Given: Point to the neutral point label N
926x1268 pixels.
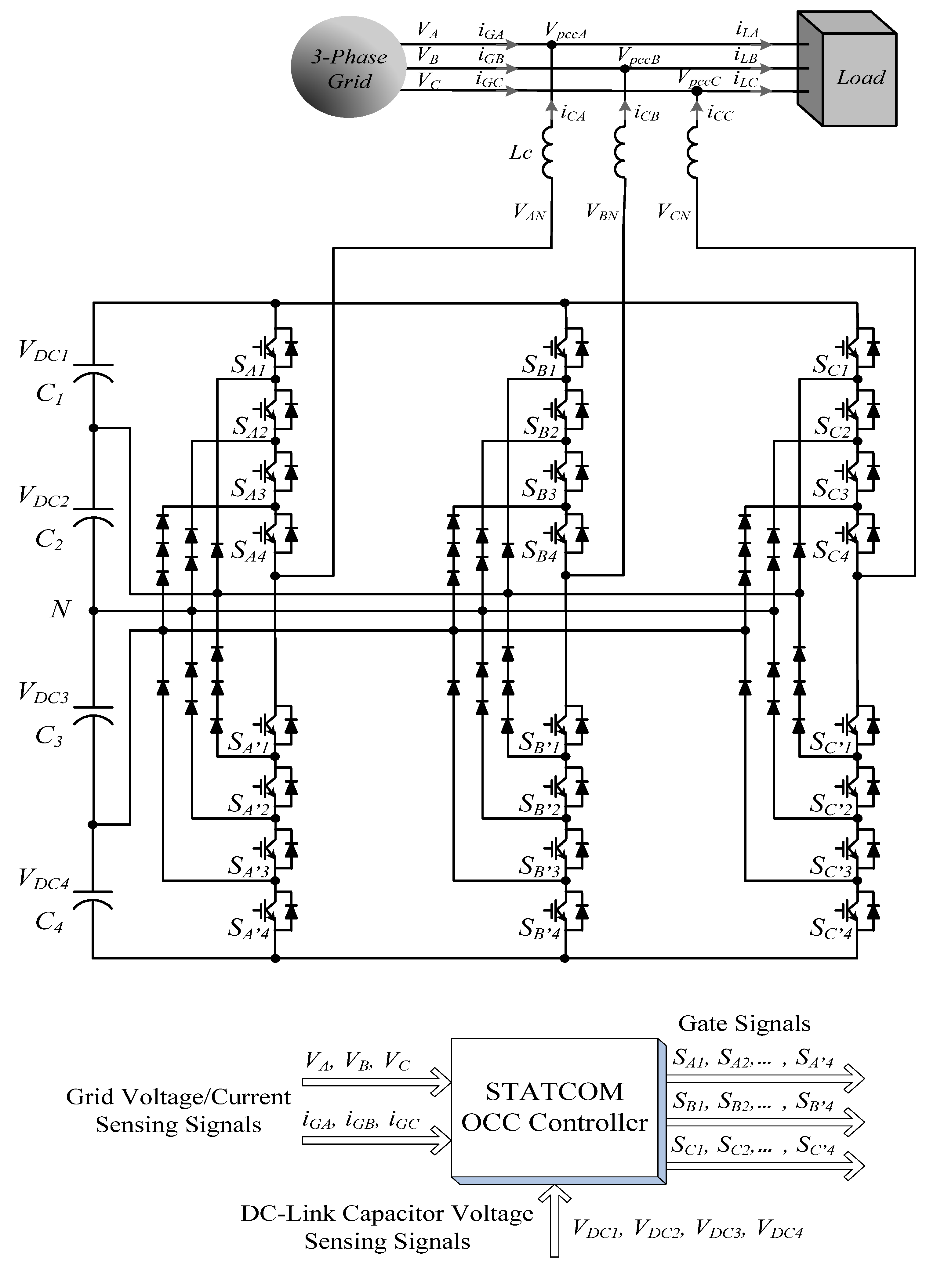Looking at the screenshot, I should click(60, 609).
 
